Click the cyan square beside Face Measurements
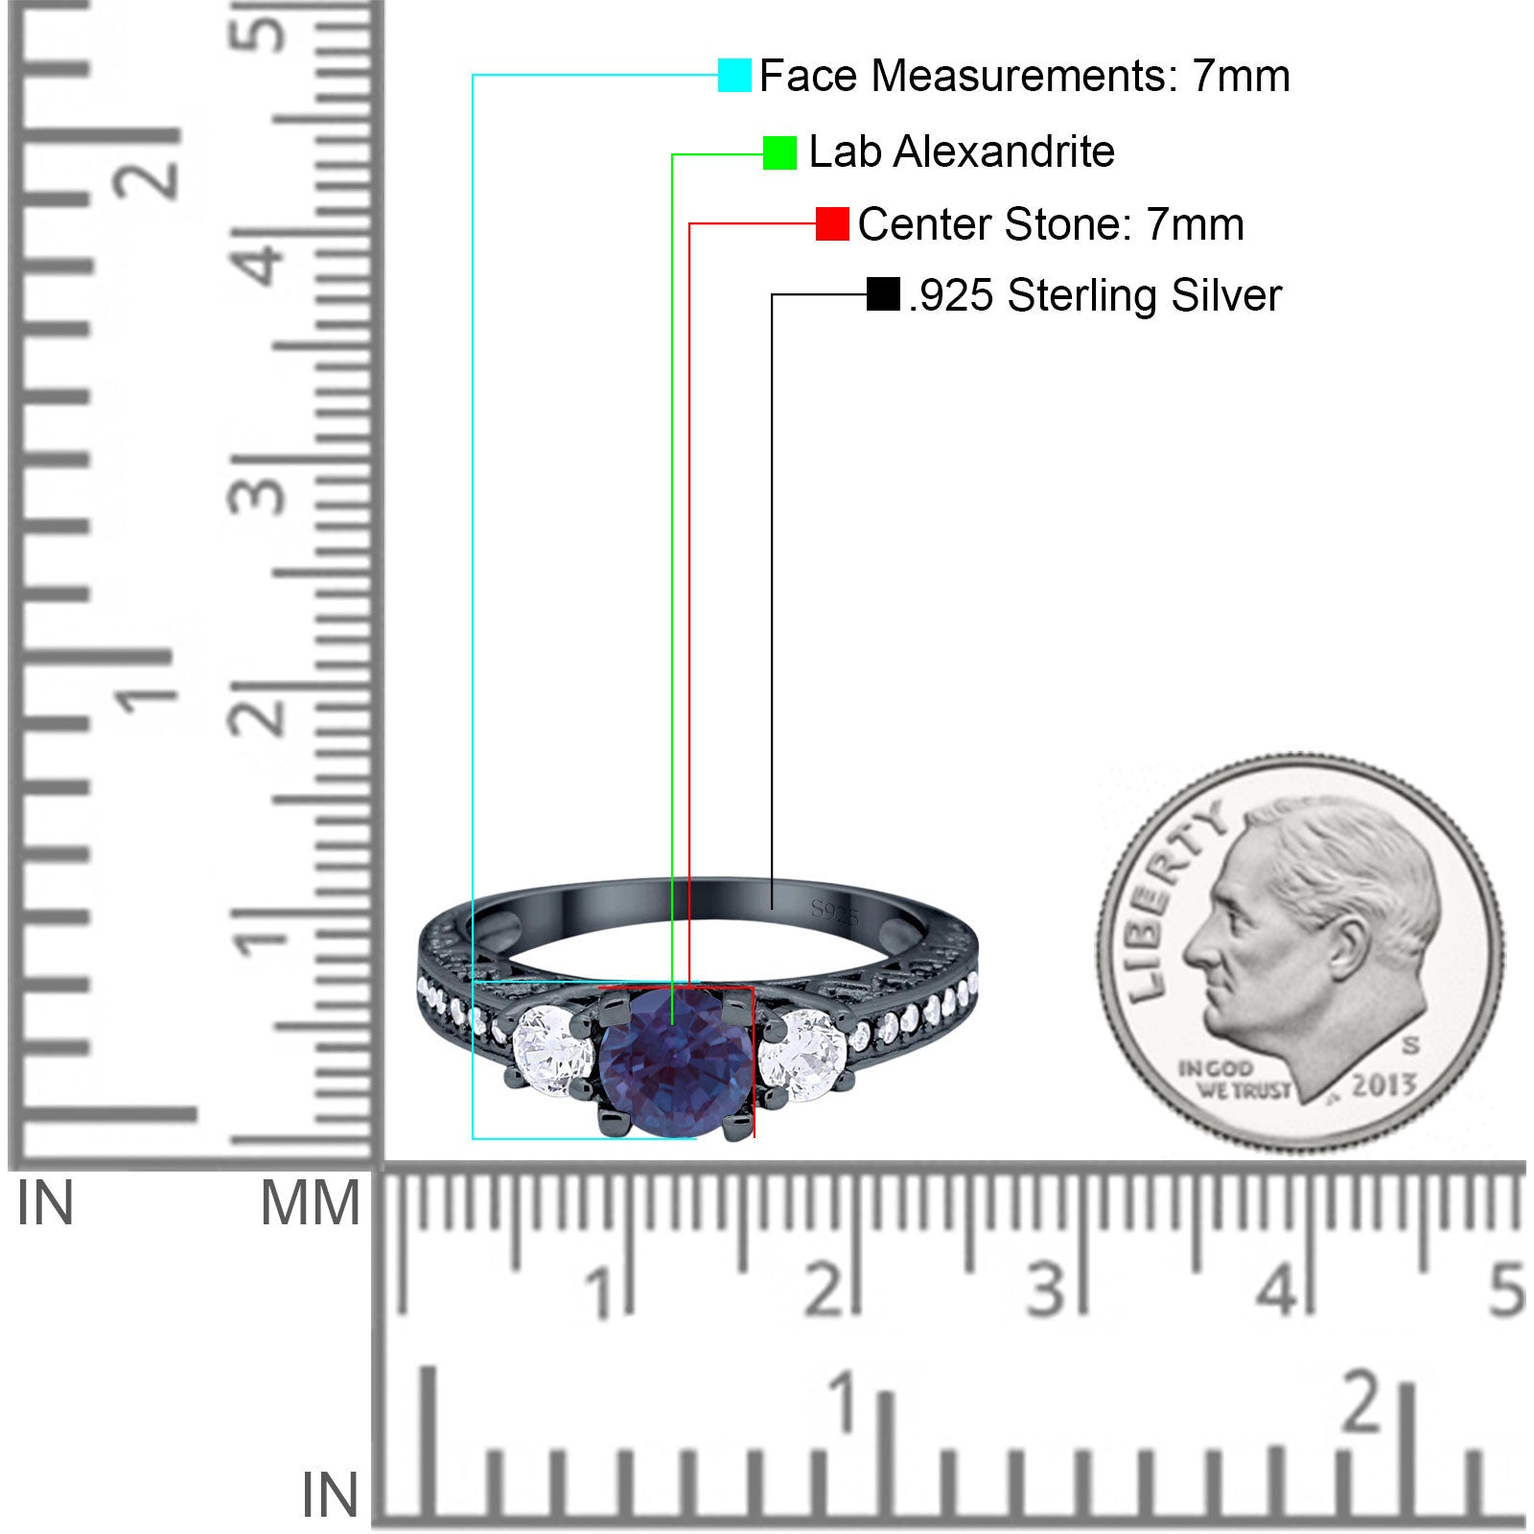[734, 76]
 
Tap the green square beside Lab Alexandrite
[779, 152]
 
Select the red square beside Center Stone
[832, 224]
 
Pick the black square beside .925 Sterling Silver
[883, 294]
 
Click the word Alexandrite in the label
[1004, 151]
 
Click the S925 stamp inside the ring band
[835, 912]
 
